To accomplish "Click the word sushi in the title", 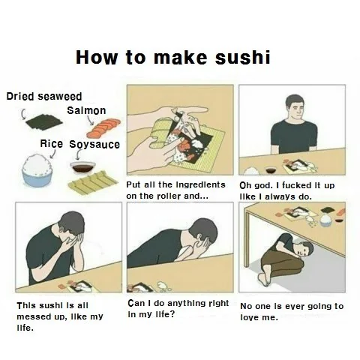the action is pyautogui.click(x=242, y=57).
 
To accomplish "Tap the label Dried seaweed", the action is pyautogui.click(x=44, y=96).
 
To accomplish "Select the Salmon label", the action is pyautogui.click(x=86, y=110).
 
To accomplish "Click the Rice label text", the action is pyautogui.click(x=52, y=144).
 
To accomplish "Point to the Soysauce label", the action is pyautogui.click(x=94, y=145).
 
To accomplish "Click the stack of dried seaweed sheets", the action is pyautogui.click(x=44, y=122).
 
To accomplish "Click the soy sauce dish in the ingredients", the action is pyautogui.click(x=82, y=167).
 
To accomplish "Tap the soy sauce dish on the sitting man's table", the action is pyautogui.click(x=271, y=169).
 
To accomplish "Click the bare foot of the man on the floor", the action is pyautogui.click(x=264, y=280).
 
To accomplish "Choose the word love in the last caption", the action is pyautogui.click(x=250, y=317).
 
